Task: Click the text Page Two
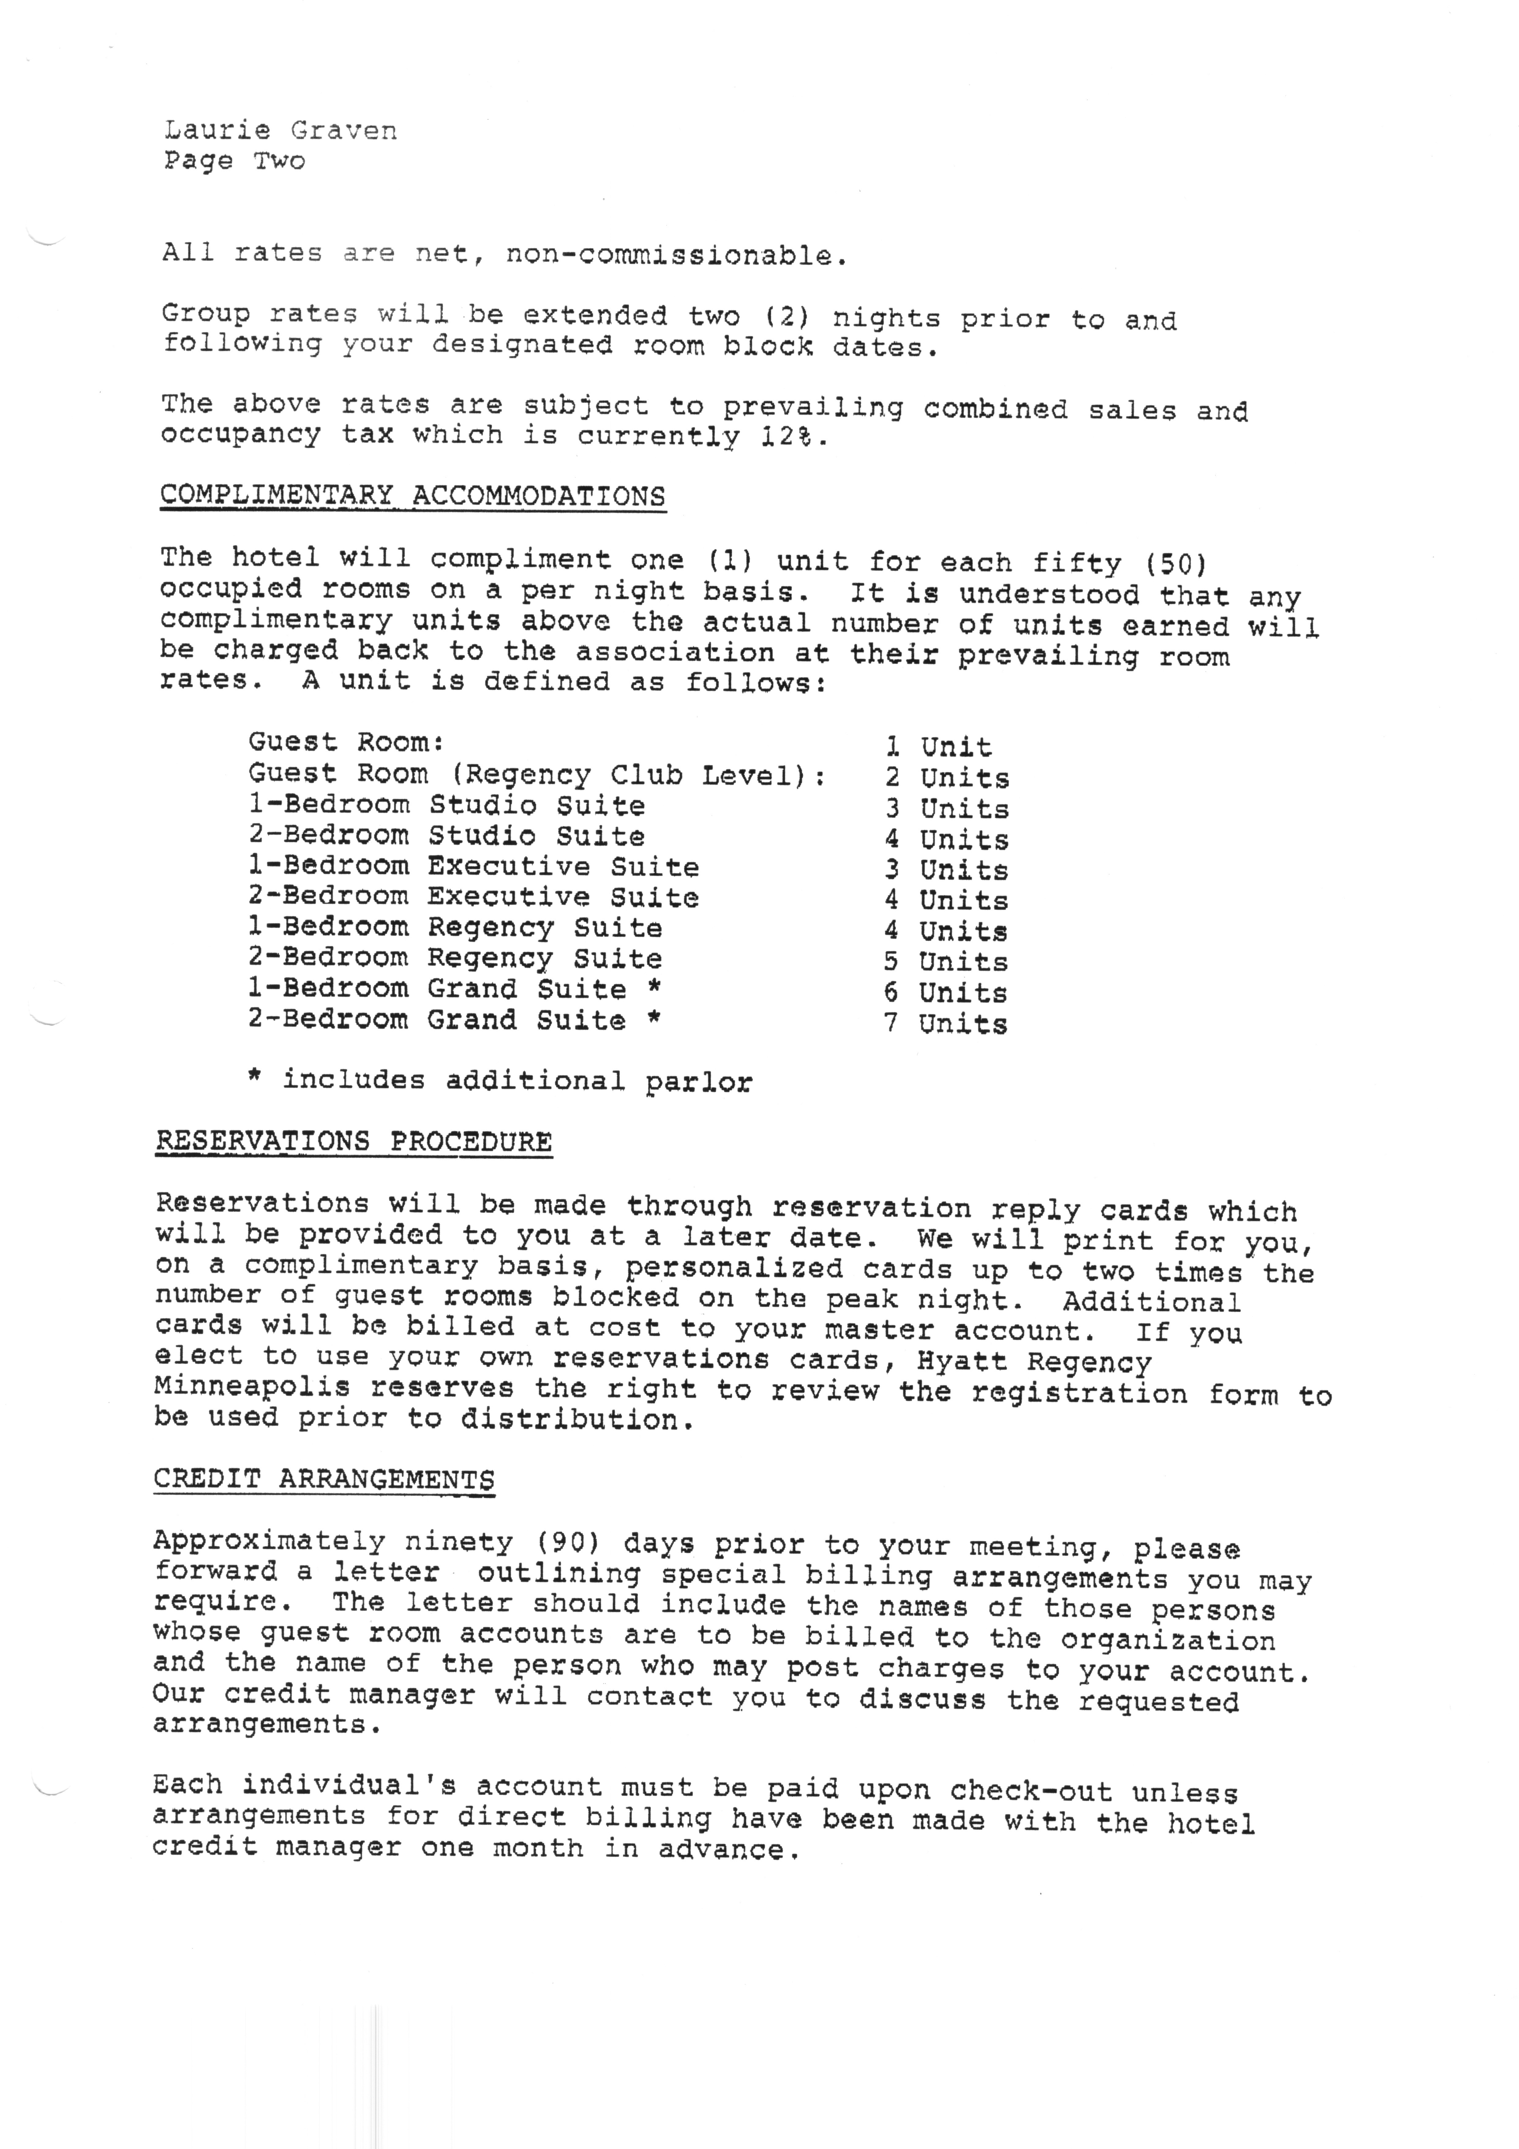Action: [x=234, y=161]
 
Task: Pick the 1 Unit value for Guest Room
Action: [x=938, y=747]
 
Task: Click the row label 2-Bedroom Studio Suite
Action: [x=446, y=836]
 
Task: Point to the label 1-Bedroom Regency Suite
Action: [x=455, y=928]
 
